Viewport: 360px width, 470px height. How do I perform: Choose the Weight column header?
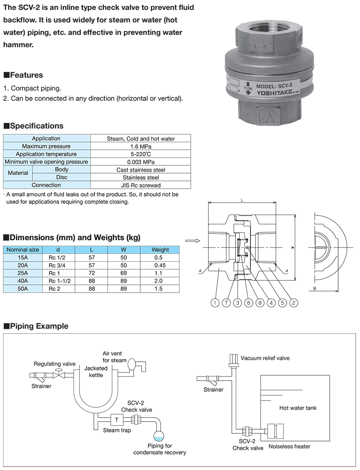coord(160,250)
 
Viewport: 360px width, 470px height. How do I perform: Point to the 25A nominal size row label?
coord(22,273)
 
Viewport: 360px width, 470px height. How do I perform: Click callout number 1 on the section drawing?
coord(215,303)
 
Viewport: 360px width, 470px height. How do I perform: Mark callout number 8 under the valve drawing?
coord(260,303)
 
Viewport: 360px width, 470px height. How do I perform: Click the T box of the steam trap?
coord(116,420)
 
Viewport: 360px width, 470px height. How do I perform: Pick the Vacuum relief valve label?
coord(265,358)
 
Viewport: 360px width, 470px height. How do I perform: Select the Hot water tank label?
coord(298,408)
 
